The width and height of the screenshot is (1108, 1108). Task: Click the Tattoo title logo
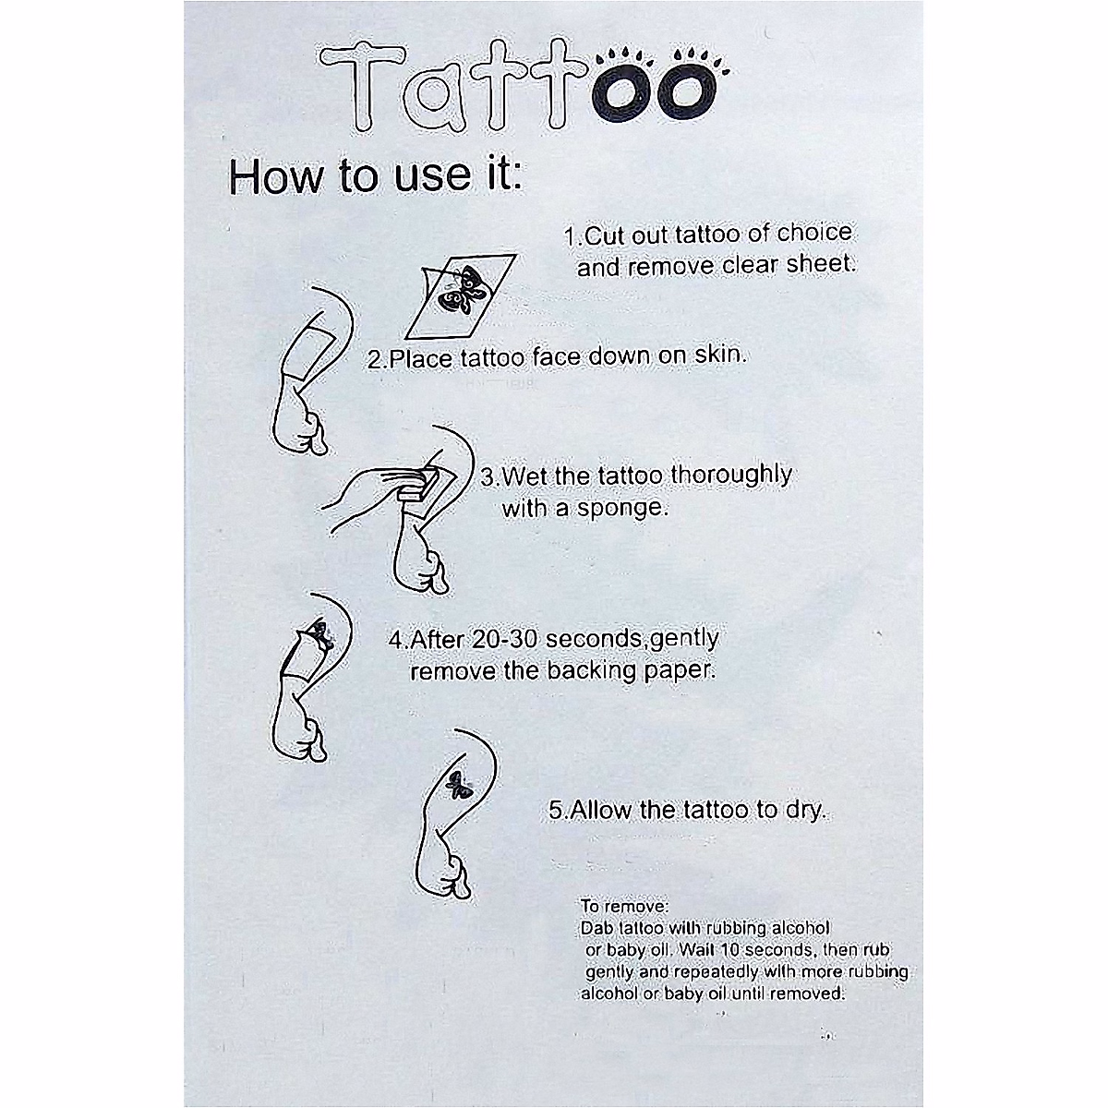point(517,88)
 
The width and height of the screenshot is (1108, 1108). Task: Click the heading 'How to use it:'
point(376,175)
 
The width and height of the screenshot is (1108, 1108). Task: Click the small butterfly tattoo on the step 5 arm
point(455,784)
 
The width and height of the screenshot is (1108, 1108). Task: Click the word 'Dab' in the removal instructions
point(597,927)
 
